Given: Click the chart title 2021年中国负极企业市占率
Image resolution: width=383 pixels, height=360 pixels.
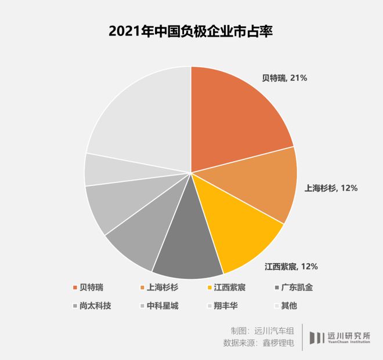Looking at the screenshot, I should pos(191,31).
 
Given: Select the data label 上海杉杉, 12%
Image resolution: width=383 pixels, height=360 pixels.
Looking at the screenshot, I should pos(331,188).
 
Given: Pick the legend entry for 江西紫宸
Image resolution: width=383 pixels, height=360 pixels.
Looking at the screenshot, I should pos(223,288).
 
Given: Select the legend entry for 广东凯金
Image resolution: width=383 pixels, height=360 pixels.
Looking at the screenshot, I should pos(293,288).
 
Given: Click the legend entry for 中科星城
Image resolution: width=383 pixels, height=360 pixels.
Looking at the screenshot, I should pos(159,305).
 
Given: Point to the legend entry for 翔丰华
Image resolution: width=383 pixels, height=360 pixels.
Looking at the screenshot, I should pos(220,305).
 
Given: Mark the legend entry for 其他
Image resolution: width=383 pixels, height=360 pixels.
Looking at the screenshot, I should pos(286,305).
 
